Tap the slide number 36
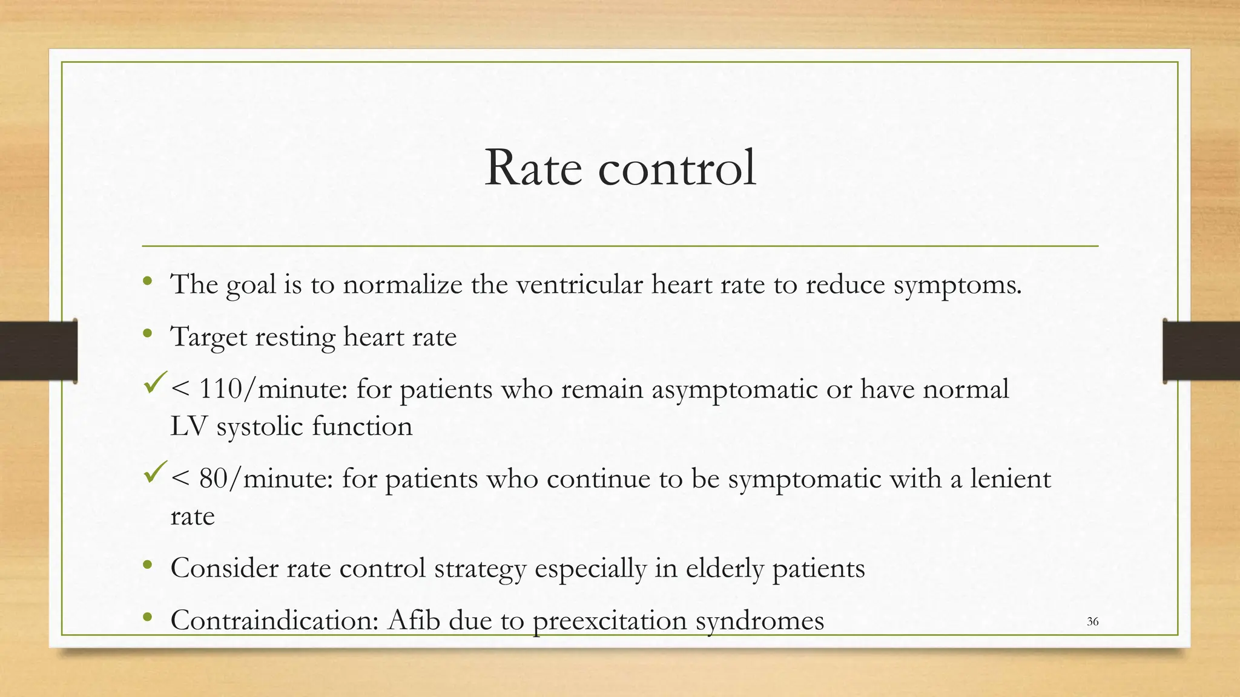click(1092, 621)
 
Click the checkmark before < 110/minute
click(156, 383)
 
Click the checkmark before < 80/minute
click(156, 473)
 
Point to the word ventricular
click(579, 284)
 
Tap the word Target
click(208, 337)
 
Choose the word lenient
click(1011, 479)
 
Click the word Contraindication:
click(275, 620)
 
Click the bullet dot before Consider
click(147, 566)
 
